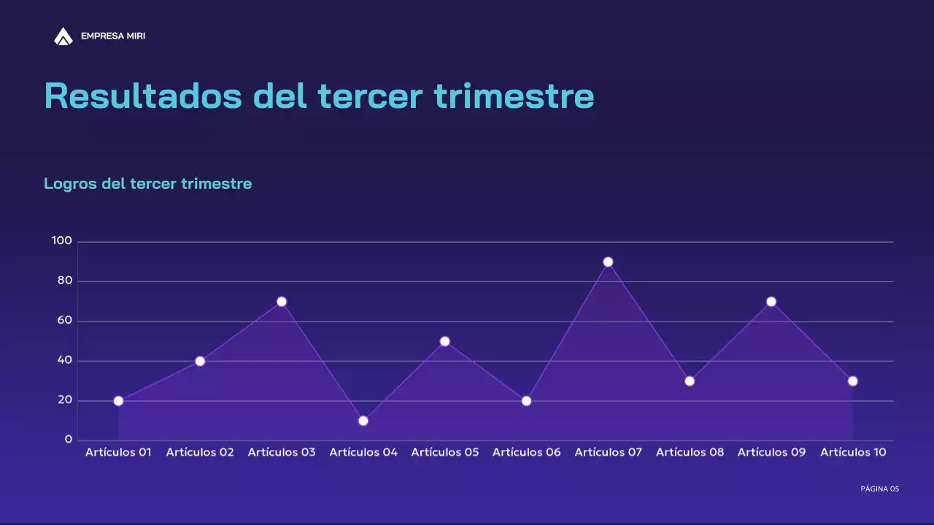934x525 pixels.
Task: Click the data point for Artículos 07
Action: click(608, 262)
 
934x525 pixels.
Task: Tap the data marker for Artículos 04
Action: click(363, 421)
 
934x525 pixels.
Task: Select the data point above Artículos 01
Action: click(118, 401)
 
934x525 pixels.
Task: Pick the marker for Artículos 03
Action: click(282, 302)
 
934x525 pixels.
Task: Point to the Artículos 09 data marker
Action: click(771, 302)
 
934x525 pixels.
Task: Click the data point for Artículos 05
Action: click(445, 341)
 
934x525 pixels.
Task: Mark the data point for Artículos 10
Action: click(852, 381)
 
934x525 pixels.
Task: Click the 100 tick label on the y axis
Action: click(62, 241)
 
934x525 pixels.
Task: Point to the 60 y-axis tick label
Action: click(65, 320)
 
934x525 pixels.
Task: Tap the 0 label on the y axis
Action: click(69, 440)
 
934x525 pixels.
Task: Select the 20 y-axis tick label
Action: click(65, 400)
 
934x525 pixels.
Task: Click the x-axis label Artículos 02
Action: click(200, 452)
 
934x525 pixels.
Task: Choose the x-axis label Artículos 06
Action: click(527, 452)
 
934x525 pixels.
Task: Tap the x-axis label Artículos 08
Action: click(690, 452)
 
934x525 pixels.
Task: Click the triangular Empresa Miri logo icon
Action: click(63, 36)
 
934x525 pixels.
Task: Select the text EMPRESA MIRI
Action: click(113, 36)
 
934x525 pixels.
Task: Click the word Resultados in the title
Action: click(143, 96)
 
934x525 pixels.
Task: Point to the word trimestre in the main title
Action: click(514, 96)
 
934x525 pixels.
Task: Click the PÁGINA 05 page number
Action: click(880, 489)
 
